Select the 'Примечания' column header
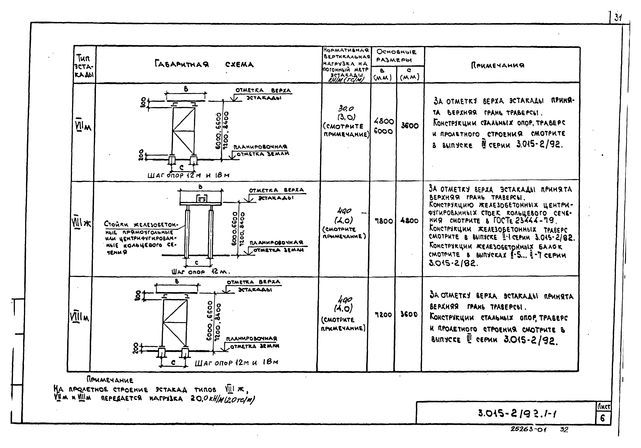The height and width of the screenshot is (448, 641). tap(498, 65)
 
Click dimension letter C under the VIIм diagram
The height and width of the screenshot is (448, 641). tap(181, 167)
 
